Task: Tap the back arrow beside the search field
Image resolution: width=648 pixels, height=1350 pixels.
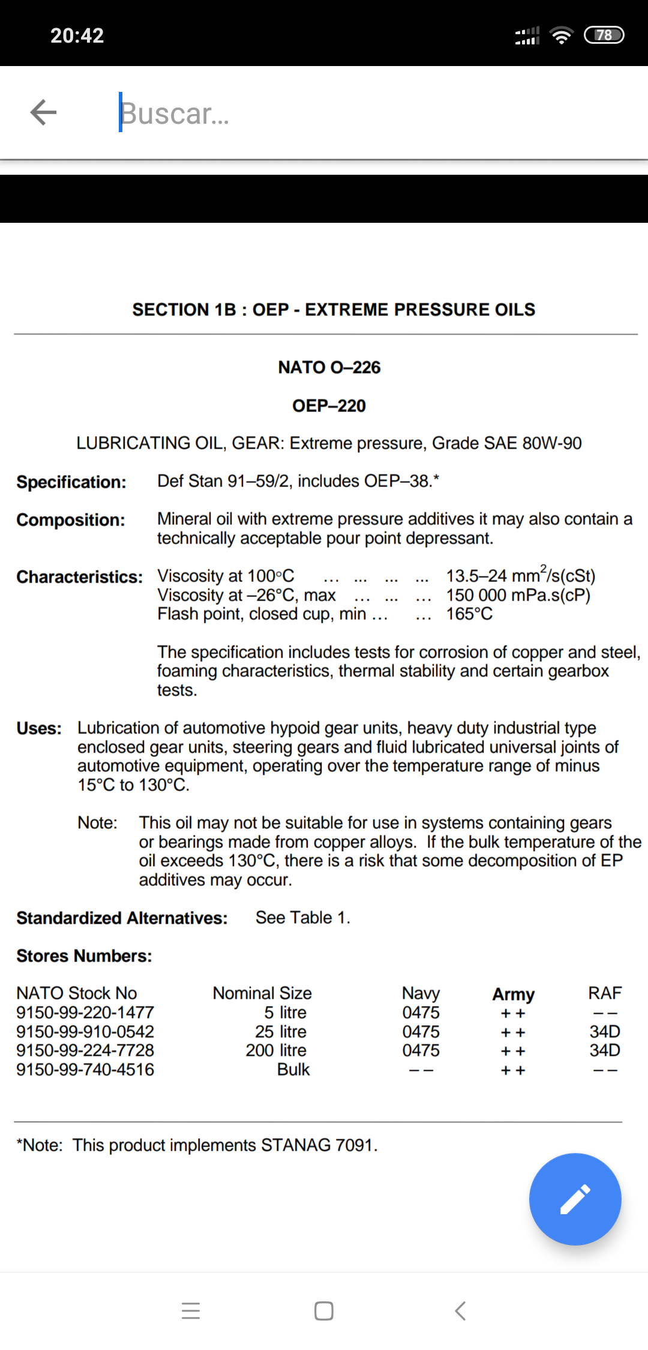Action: point(43,112)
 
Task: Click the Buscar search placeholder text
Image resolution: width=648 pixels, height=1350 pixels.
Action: point(175,114)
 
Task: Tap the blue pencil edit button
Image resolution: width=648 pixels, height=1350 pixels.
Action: point(575,1199)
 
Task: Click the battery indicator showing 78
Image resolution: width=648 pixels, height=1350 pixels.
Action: point(604,35)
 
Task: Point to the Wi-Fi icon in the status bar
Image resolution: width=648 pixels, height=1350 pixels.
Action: point(561,35)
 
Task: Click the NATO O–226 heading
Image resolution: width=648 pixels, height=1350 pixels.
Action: point(329,368)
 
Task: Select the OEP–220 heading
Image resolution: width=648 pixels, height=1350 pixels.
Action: point(329,406)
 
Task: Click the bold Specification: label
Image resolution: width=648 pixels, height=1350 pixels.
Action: point(71,482)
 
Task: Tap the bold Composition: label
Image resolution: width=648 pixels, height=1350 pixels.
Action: point(71,520)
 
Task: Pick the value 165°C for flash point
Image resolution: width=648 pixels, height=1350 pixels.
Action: point(469,614)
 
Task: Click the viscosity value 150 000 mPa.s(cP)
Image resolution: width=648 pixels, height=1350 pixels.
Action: point(518,595)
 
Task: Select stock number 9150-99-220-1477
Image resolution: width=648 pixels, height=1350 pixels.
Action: point(85,1013)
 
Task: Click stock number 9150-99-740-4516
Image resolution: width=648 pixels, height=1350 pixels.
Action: point(85,1070)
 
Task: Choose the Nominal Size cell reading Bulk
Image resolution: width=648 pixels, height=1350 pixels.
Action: point(293,1070)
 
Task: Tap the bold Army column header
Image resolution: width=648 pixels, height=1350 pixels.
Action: point(513,994)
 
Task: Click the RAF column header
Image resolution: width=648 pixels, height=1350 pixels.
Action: point(605,993)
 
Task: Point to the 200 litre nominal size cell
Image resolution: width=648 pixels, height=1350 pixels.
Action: point(276,1050)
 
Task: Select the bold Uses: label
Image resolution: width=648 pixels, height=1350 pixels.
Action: point(39,728)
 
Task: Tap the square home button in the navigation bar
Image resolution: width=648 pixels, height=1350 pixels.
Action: point(324,1311)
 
